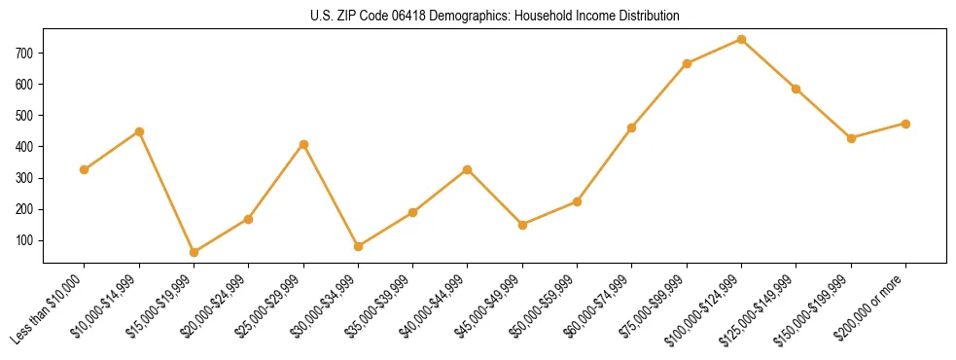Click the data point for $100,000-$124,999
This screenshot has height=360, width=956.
click(741, 40)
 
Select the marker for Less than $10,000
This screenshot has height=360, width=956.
click(85, 170)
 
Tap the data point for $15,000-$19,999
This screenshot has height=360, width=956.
click(194, 252)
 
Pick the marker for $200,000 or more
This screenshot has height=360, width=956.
click(905, 124)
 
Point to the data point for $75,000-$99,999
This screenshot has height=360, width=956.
click(687, 63)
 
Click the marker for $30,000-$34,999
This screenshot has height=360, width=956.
click(358, 246)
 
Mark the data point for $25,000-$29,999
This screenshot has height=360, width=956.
click(303, 144)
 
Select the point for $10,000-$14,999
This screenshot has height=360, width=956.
click(139, 131)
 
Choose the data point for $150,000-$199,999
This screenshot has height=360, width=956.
click(851, 138)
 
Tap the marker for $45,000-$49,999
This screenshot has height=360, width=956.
click(522, 225)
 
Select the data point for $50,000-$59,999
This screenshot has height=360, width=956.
click(577, 201)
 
